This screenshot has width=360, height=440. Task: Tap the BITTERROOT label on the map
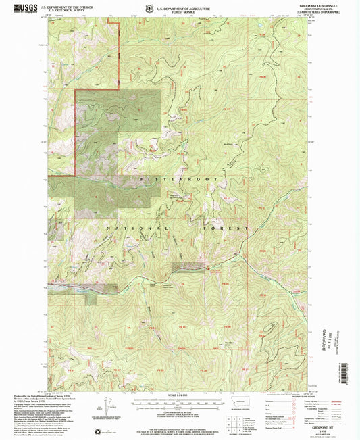coord(180,180)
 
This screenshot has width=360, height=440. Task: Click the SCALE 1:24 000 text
coord(179,395)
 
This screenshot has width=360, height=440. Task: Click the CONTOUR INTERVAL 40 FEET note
coord(179,412)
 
